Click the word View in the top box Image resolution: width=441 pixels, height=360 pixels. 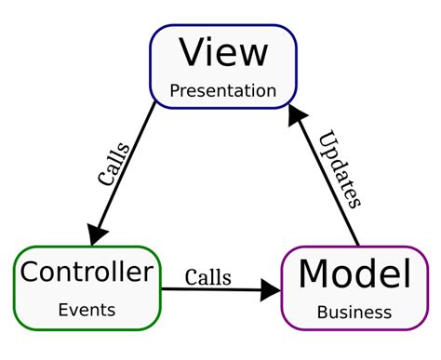click(222, 52)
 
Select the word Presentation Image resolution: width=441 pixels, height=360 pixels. click(223, 91)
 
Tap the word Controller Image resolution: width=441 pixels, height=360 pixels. click(86, 273)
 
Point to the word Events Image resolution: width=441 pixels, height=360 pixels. click(86, 310)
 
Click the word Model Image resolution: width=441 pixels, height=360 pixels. click(354, 274)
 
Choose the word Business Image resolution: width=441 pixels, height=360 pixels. click(354, 313)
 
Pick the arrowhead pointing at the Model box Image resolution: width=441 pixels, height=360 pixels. click(270, 290)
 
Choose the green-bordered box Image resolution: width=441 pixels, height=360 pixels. click(86, 287)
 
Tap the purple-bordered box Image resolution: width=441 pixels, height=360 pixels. click(354, 287)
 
